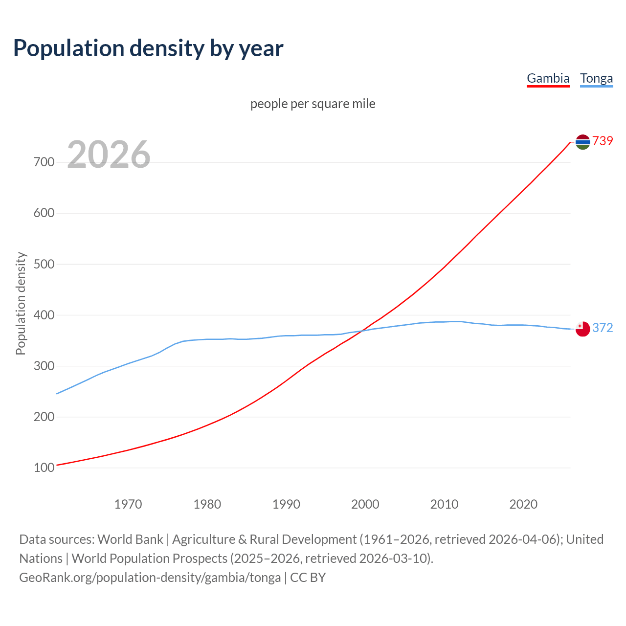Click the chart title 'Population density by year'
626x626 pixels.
148,48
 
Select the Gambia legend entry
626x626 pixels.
548,78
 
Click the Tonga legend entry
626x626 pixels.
596,78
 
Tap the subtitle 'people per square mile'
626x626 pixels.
313,104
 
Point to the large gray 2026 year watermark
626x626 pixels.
109,155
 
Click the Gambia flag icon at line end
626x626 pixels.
582,142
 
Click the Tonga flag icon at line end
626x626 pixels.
582,329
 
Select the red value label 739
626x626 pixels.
603,141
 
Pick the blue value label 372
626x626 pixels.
603,328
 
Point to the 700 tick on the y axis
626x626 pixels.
44,162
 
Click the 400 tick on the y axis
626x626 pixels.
44,315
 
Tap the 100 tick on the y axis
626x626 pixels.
44,468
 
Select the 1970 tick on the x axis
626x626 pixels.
128,504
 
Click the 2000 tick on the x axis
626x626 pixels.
365,504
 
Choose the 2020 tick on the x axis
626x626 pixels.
523,504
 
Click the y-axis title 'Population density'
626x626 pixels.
21,303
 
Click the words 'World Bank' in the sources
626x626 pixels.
130,539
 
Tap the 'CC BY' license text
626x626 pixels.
308,578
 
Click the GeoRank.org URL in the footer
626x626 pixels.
150,578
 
